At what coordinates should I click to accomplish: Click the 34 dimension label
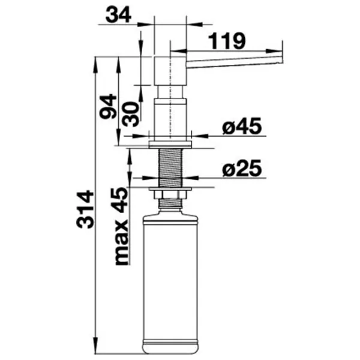point(118,15)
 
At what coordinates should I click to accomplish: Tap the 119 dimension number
point(226,41)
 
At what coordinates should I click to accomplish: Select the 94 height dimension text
point(108,106)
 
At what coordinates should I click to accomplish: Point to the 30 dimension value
point(130,114)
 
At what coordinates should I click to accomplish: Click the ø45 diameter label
point(242,126)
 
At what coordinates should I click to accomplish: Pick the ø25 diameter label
point(242,168)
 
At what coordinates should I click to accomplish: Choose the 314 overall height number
point(85,209)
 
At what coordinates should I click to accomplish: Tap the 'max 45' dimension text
point(121,226)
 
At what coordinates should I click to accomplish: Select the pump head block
point(170,71)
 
